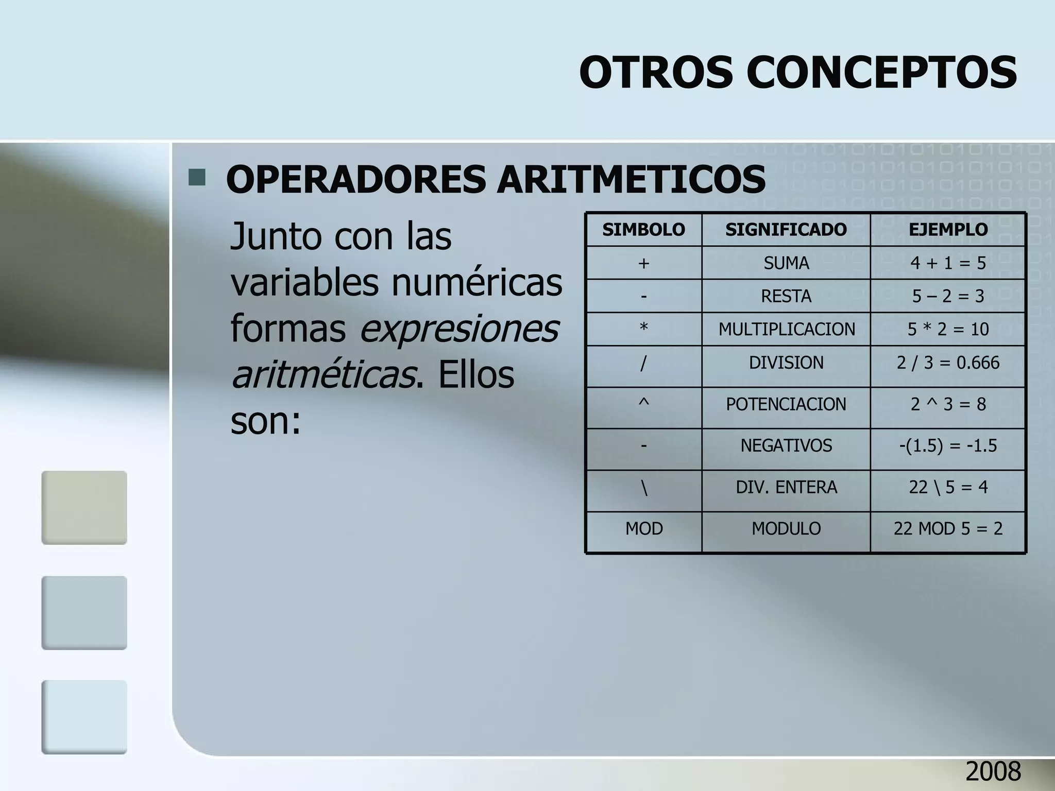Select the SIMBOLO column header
[x=643, y=230]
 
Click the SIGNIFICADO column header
[x=786, y=230]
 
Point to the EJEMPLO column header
[x=948, y=230]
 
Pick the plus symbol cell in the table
[x=643, y=263]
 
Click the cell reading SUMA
[x=786, y=263]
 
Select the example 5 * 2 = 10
[x=948, y=329]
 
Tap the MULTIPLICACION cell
[x=786, y=329]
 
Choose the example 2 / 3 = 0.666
[x=948, y=363]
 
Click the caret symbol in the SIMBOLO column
[x=643, y=404]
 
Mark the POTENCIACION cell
[x=786, y=404]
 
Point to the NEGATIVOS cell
[x=786, y=445]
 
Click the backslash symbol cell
[x=644, y=487]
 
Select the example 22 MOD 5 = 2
[x=948, y=528]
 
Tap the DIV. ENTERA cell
[x=786, y=487]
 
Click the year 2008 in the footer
[x=993, y=771]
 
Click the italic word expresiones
[x=458, y=329]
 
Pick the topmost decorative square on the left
[x=84, y=508]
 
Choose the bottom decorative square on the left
[x=84, y=717]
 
